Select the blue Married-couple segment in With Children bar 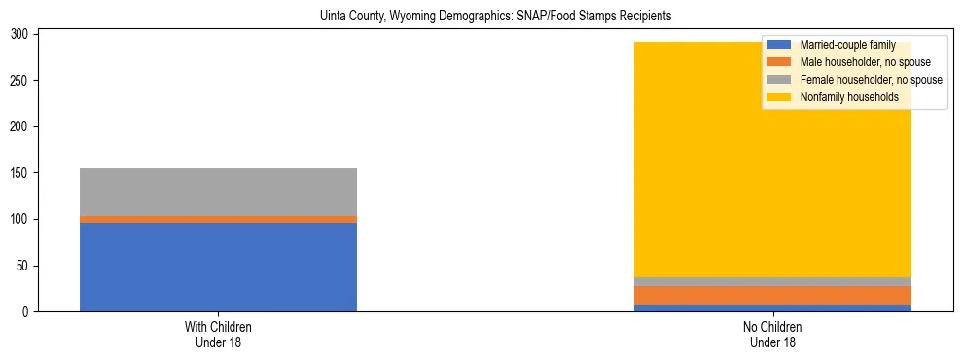point(218,267)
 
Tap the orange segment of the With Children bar point(218,220)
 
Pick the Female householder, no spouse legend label point(871,80)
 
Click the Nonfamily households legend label point(842,97)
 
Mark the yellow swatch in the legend point(779,97)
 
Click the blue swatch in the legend point(779,45)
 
